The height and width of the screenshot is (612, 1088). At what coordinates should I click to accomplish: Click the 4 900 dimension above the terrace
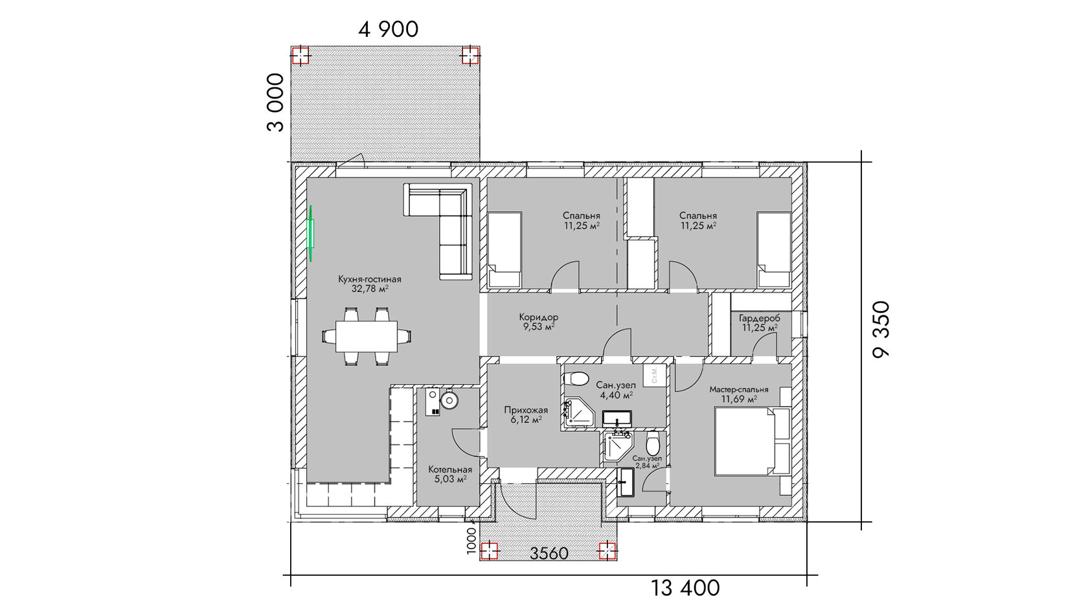click(x=388, y=30)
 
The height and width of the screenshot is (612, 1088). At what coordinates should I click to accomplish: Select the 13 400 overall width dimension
click(x=685, y=588)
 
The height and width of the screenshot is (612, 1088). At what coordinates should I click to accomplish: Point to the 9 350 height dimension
click(x=881, y=330)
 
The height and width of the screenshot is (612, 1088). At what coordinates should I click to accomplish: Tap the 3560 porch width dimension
click(x=549, y=553)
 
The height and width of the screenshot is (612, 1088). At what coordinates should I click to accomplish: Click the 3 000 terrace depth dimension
click(x=275, y=102)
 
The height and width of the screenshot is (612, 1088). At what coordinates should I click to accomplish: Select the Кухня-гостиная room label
click(x=370, y=279)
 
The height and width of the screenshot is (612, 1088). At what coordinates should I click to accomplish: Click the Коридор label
click(x=539, y=317)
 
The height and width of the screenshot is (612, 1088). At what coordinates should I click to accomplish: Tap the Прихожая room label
click(x=526, y=410)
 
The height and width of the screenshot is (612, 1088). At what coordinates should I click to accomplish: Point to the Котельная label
click(x=450, y=470)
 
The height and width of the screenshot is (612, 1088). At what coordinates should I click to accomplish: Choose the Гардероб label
click(x=760, y=319)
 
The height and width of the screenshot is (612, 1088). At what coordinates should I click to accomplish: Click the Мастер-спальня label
click(x=739, y=390)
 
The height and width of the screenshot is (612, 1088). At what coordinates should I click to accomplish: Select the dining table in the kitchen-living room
click(x=367, y=336)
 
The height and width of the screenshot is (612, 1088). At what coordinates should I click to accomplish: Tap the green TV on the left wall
click(x=312, y=234)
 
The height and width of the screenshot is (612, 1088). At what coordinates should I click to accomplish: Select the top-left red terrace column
click(x=300, y=56)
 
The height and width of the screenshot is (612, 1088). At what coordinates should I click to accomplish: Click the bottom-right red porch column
click(x=607, y=550)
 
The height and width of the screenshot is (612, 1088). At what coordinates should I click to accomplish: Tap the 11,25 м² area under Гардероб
click(x=760, y=328)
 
